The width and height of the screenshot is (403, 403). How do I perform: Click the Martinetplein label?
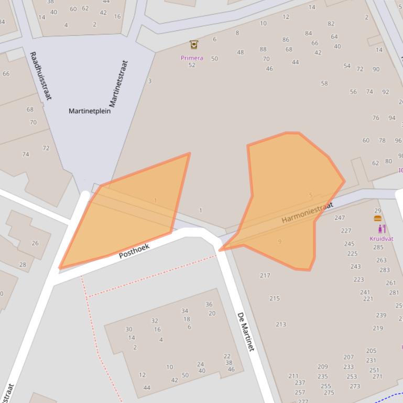90,111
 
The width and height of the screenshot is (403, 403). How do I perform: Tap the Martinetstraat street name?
119,84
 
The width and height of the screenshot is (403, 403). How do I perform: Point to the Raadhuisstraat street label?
40,76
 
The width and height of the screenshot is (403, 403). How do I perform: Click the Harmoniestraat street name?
307,213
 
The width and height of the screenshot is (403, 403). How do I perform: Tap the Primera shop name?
192,58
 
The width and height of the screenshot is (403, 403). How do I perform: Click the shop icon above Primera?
194,44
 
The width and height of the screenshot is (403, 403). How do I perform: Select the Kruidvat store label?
381,239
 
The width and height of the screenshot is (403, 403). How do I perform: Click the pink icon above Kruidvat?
382,229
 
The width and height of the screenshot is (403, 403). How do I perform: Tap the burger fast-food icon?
378,218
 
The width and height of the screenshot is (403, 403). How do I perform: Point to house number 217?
265,275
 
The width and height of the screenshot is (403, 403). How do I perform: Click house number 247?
340,218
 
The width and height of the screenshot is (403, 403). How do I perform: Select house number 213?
281,324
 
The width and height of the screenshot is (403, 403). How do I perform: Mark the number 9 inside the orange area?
279,241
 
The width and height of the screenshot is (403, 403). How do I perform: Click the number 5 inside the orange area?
310,195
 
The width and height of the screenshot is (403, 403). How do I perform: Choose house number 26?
35,243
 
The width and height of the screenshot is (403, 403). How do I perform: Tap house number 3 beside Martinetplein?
150,81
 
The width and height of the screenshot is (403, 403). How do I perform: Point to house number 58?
324,83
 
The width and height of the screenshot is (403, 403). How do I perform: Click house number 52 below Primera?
192,65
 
